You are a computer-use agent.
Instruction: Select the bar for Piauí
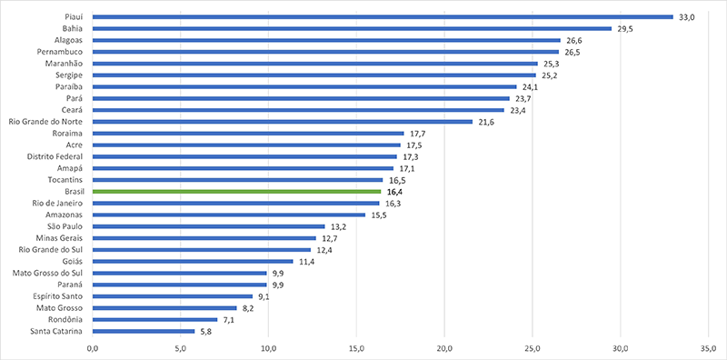382,16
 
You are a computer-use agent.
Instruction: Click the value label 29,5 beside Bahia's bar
625,28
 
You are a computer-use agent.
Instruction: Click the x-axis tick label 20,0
444,348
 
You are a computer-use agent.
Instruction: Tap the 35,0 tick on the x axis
709,348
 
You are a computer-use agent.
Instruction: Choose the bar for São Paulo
208,226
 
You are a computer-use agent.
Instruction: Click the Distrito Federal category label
56,156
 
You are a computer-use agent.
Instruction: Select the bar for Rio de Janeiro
235,203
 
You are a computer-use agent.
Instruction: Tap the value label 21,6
487,122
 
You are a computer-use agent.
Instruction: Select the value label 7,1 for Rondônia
231,320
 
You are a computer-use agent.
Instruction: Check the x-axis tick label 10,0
268,348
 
